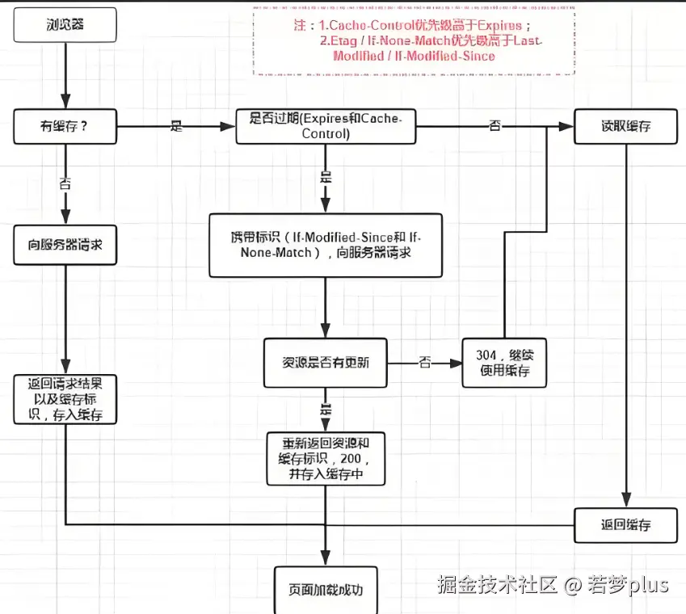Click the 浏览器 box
coord(65,26)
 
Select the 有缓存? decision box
coord(65,126)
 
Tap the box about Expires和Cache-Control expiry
coord(326,126)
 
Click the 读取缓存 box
coord(625,126)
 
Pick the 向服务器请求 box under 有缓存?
coord(65,244)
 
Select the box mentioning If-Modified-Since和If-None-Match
coord(326,245)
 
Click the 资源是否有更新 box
coord(326,363)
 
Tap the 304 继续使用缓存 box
coord(504,363)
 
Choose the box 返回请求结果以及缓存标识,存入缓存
coord(65,399)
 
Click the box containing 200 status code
coord(326,458)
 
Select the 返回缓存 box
coord(625,525)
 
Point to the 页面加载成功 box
coord(326,589)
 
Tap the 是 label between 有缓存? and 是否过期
coord(177,126)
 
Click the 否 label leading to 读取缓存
coord(495,126)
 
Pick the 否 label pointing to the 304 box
coord(425,363)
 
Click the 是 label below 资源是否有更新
coord(326,409)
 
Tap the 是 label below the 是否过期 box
coord(326,178)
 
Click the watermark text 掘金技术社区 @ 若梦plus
coord(553,584)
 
